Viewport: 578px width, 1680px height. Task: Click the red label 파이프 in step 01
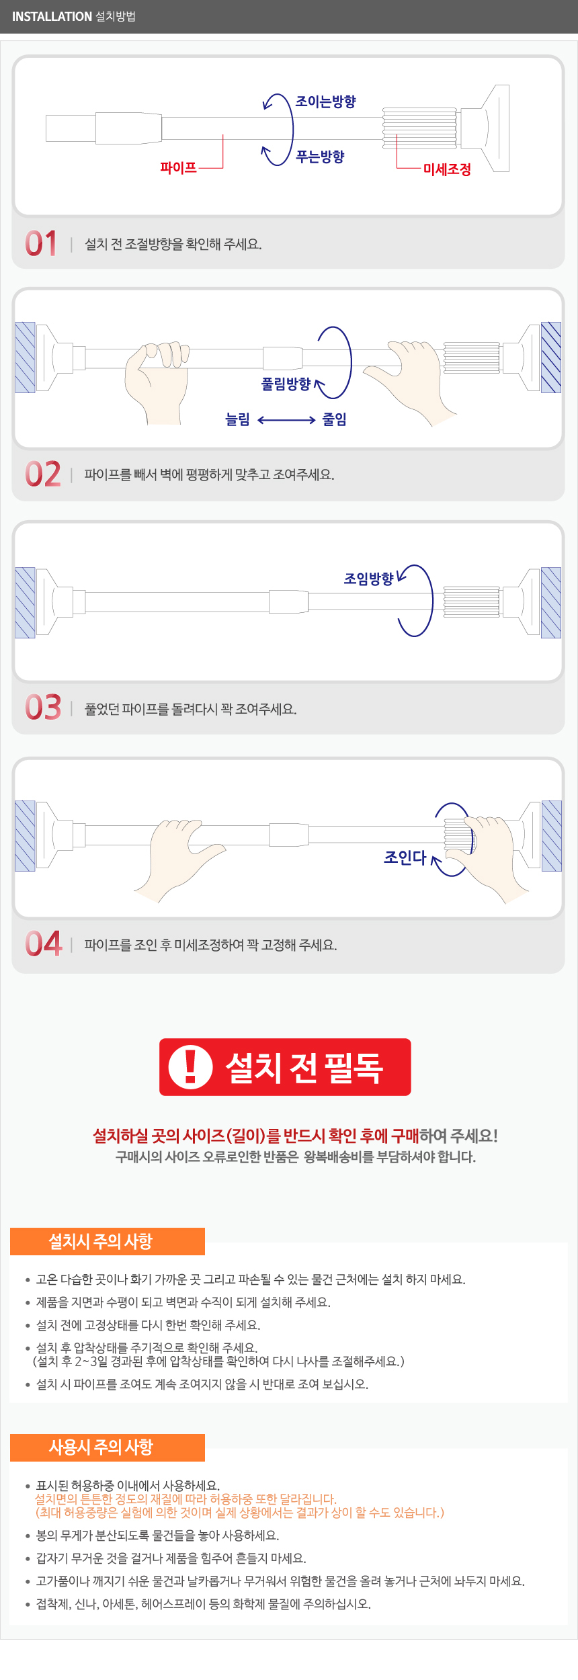(178, 167)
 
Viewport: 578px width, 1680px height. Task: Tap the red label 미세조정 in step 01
(447, 169)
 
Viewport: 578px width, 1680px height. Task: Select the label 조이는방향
(326, 101)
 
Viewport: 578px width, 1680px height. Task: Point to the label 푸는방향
(321, 157)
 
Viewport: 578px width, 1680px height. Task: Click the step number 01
(41, 243)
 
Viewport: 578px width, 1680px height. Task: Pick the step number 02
(43, 474)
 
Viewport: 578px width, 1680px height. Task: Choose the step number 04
(44, 943)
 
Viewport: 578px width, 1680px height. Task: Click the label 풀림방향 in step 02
(286, 384)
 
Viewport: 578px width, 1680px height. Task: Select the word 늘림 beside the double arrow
(237, 420)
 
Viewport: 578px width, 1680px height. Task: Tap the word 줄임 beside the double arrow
(334, 419)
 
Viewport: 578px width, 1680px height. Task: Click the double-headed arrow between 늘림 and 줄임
(286, 420)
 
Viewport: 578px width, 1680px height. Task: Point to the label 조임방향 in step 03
(368, 579)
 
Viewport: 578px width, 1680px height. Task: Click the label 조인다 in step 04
(405, 857)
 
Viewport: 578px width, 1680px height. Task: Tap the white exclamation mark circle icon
(190, 1067)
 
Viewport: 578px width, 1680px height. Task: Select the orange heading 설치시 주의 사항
(101, 1241)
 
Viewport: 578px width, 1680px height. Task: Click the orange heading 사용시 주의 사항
(101, 1447)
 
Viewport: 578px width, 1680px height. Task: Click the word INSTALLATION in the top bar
(52, 16)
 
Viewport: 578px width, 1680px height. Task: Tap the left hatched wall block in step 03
(25, 603)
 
